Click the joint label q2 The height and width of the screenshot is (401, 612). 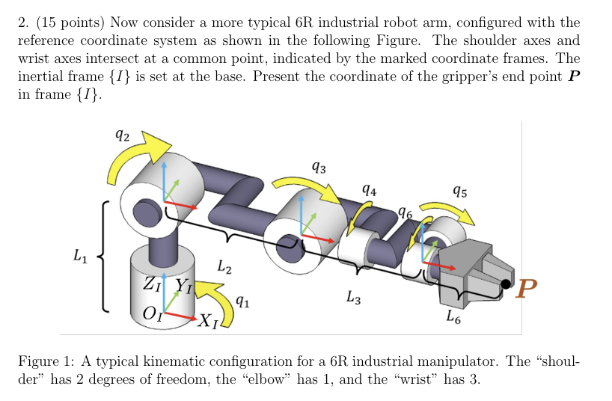(x=123, y=136)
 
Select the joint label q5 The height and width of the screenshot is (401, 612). (x=461, y=192)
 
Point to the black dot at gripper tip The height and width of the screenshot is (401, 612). (x=507, y=284)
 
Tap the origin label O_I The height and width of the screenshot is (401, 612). (x=153, y=313)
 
